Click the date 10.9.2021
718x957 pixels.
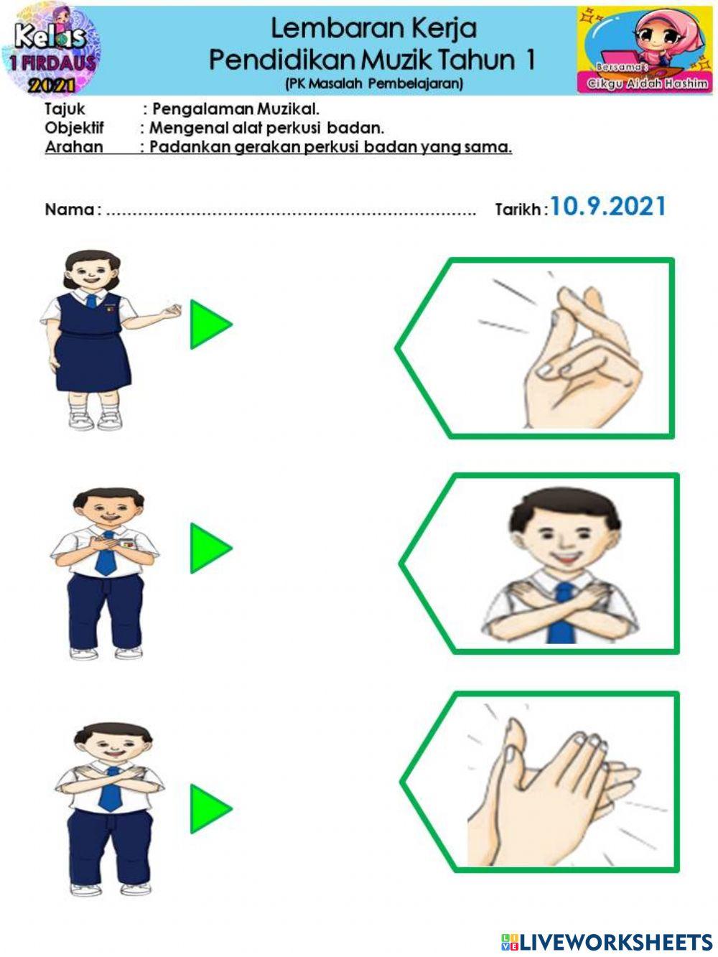[x=607, y=207]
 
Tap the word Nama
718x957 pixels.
[x=69, y=210]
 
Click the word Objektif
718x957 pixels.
[x=74, y=128]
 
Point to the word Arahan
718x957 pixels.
[x=74, y=147]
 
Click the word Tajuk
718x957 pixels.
[x=65, y=109]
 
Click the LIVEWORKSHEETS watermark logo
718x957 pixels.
[x=607, y=942]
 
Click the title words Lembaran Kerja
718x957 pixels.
[x=373, y=29]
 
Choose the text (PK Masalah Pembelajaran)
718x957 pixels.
[x=373, y=83]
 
